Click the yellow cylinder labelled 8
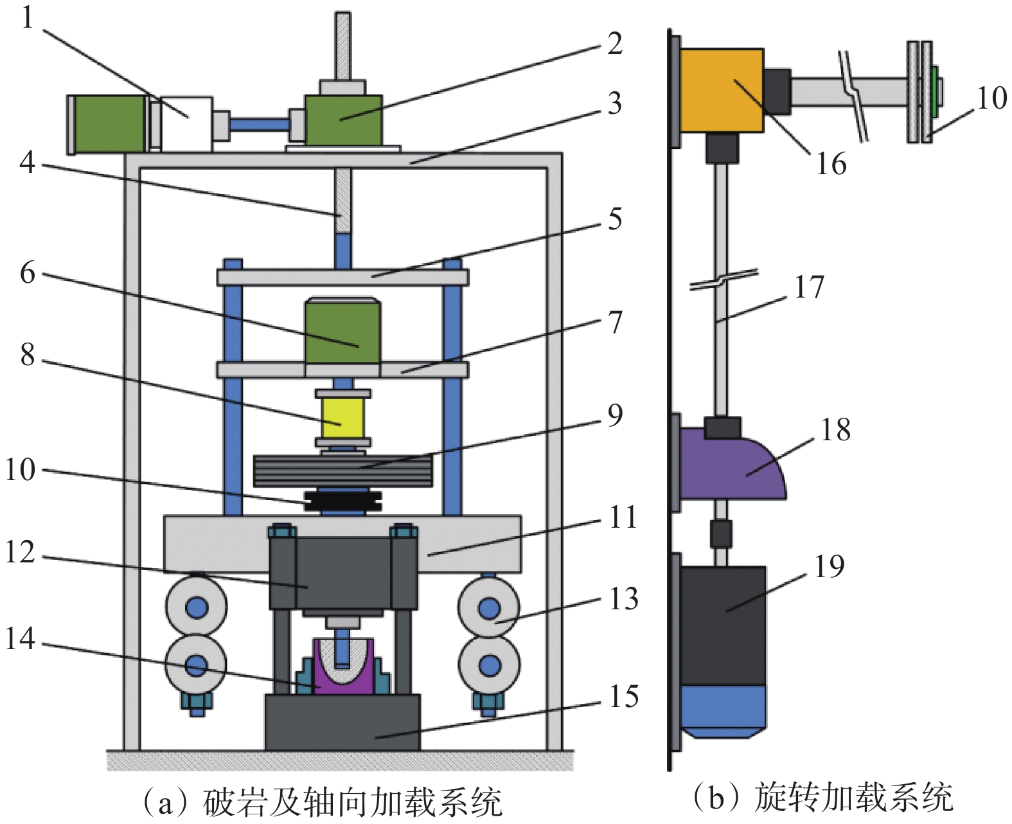tap(343, 418)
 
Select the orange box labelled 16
tap(722, 91)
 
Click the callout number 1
tap(26, 17)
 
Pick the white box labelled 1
tap(186, 123)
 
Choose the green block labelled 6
tap(342, 331)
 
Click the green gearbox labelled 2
tap(343, 120)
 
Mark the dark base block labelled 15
tap(342, 722)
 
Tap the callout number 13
tap(623, 599)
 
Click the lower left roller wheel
tap(196, 665)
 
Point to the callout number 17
tap(809, 287)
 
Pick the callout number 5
tap(615, 219)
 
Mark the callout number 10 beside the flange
tap(991, 98)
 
